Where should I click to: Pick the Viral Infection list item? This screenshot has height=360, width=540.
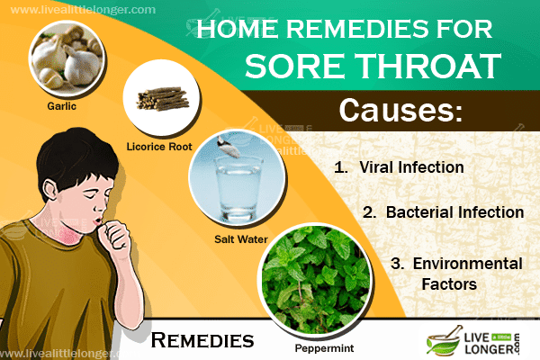pyautogui.click(x=399, y=167)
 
